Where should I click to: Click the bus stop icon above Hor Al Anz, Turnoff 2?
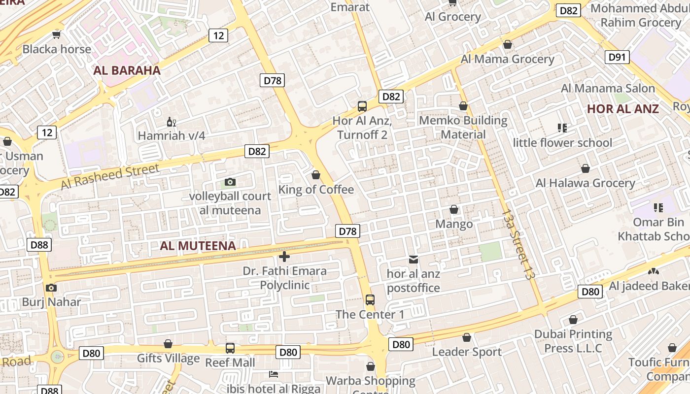click(362, 106)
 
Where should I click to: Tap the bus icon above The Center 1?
click(370, 299)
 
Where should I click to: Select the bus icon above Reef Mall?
click(230, 348)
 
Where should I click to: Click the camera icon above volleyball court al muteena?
click(230, 182)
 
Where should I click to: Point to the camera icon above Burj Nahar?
click(51, 288)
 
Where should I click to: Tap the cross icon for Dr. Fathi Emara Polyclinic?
click(284, 256)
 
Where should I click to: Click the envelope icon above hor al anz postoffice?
click(413, 259)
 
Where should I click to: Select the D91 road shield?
click(617, 57)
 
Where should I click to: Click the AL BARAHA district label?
click(127, 70)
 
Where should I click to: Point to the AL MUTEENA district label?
click(198, 245)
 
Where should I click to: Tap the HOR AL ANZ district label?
click(623, 109)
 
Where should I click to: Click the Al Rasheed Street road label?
click(110, 176)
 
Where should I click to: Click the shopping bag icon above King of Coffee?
click(316, 175)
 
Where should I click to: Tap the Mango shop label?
click(454, 224)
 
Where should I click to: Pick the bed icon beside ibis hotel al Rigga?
click(274, 374)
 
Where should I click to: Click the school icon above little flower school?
click(562, 128)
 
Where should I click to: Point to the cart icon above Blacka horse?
click(57, 34)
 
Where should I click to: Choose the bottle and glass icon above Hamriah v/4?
click(171, 122)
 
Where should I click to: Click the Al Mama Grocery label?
click(508, 59)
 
